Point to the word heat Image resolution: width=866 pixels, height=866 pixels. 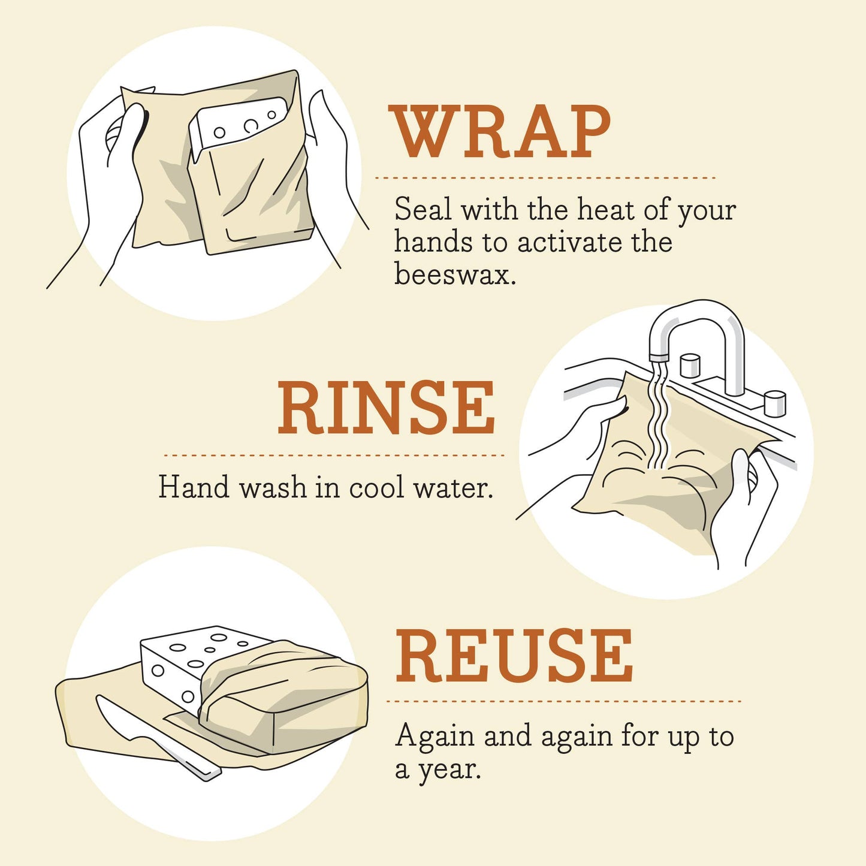[605, 210]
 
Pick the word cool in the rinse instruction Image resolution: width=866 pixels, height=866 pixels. [376, 487]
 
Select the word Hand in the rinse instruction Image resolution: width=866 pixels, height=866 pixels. [194, 487]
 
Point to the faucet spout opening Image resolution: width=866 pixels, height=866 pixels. [659, 357]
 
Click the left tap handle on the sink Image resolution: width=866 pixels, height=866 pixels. [690, 365]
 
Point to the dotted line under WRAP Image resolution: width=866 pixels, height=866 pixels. [545, 178]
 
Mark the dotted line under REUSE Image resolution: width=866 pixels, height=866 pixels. [563, 701]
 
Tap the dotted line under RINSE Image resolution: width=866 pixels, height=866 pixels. [333, 455]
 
